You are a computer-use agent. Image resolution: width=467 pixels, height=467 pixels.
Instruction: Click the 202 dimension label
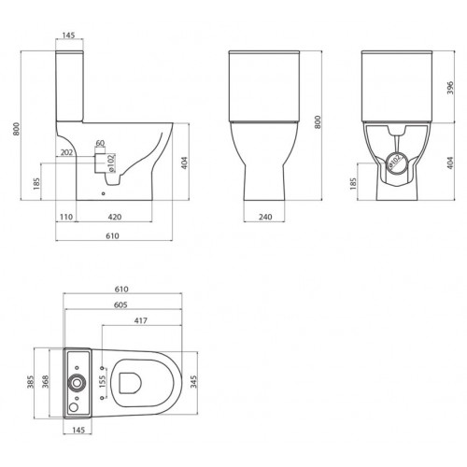coord(65,150)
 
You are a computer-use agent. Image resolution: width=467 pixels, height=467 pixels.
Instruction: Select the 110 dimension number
coord(65,218)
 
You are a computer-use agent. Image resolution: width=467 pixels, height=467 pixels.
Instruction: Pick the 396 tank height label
coord(450,88)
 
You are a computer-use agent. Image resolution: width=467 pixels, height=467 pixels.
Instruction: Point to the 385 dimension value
coord(31,382)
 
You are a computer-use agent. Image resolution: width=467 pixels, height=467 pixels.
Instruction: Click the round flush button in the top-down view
coord(77,382)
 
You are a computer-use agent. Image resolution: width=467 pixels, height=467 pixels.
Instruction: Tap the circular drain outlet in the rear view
coord(396,161)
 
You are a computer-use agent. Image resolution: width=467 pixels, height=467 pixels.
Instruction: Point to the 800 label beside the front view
coord(318,122)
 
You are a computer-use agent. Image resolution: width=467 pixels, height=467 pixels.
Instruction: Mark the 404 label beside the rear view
coord(450,162)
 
